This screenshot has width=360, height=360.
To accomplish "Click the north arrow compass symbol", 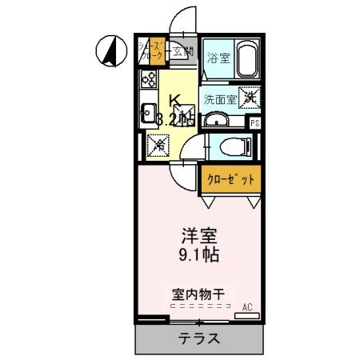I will tap(110, 53).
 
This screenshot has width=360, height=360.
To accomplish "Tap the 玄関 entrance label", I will tap(183, 54).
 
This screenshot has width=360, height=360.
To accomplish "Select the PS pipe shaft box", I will tap(255, 123).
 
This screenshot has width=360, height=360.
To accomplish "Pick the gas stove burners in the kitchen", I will tap(150, 80).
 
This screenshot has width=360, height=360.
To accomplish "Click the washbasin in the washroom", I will tap(216, 121).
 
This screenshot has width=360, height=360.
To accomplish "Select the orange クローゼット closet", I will tap(230, 180).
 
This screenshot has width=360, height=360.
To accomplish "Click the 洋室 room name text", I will tap(198, 238).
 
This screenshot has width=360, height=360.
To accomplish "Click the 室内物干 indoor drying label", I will tap(197, 294).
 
